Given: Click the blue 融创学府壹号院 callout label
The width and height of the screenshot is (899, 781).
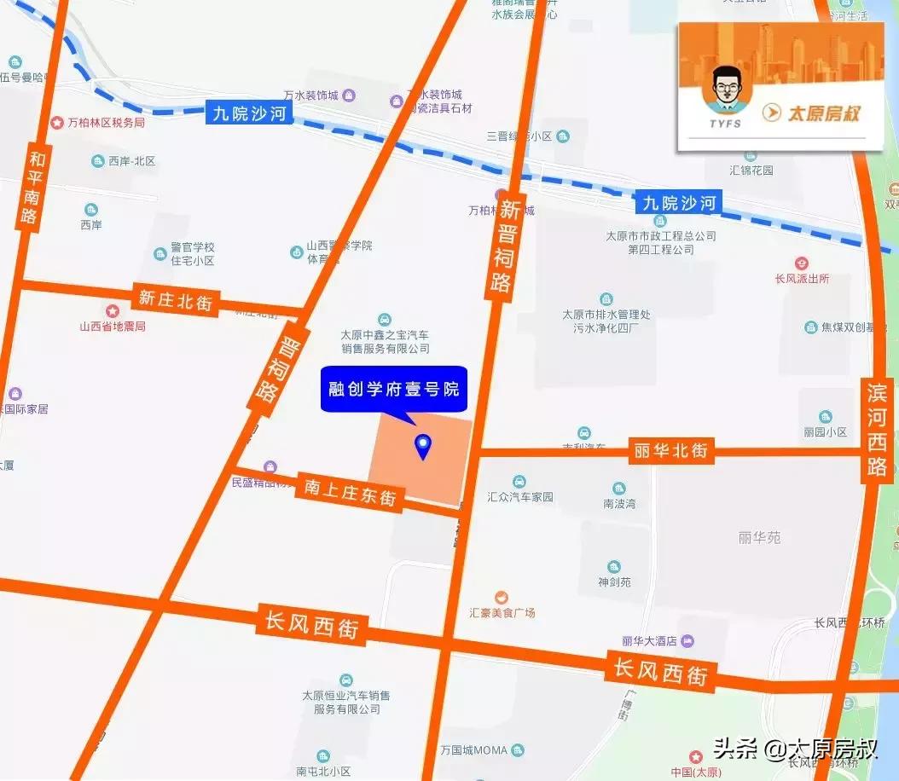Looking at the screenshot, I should coord(394,390).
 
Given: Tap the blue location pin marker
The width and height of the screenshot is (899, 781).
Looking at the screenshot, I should coord(422,445).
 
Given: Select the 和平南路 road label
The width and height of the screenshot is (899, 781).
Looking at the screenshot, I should coord(33,188).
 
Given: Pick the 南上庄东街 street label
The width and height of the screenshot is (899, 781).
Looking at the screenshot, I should coord(351,491).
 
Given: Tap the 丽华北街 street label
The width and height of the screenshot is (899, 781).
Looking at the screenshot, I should coord(671,451).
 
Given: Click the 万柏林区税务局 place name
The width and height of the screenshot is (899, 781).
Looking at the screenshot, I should coord(106,123).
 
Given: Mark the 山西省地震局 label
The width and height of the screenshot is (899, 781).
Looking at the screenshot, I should coord(112,326).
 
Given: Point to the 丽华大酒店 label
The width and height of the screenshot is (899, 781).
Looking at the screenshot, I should coord(649,640).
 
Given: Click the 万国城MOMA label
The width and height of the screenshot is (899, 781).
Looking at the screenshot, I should coord(474,751).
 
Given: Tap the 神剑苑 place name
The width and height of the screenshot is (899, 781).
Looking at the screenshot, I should coord(614,582).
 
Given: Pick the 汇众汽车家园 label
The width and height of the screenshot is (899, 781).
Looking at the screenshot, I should coord(520,497).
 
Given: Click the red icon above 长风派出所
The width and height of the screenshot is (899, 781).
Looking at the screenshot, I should coord(801,263).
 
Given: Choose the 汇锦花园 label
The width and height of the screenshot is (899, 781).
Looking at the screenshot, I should coord(751,170).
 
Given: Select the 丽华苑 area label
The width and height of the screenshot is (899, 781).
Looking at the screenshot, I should coord(759,538).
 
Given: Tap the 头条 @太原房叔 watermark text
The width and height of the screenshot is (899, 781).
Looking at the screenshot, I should coord(795,750).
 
